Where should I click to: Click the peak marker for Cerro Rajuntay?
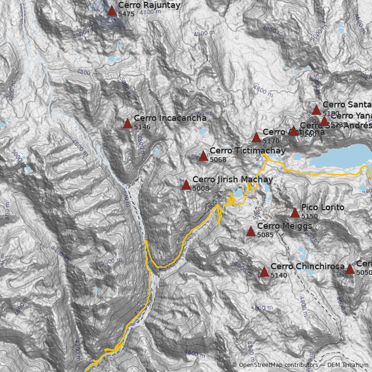pyautogui.click(x=112, y=11)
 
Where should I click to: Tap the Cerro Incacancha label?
pyautogui.click(x=170, y=118)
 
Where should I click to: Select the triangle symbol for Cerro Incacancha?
pyautogui.click(x=127, y=124)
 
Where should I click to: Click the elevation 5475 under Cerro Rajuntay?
pyautogui.click(x=126, y=14)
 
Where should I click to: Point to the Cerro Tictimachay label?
pyautogui.click(x=247, y=151)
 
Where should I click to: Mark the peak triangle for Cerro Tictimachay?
pyautogui.click(x=203, y=156)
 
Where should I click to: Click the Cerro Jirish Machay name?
pyautogui.click(x=232, y=179)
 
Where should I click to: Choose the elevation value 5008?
pyautogui.click(x=200, y=188)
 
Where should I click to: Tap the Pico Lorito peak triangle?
pyautogui.click(x=295, y=213)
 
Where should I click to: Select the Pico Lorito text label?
pyautogui.click(x=323, y=207)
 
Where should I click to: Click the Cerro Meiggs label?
pyautogui.click(x=284, y=226)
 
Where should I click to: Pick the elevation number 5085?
pyautogui.click(x=265, y=235)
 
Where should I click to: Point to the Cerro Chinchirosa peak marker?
pyautogui.click(x=264, y=272)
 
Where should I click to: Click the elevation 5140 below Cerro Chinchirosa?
pyautogui.click(x=279, y=275)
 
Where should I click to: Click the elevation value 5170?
pyautogui.click(x=271, y=140)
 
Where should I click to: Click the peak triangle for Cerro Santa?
pyautogui.click(x=316, y=110)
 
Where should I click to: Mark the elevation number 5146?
pyautogui.click(x=142, y=127)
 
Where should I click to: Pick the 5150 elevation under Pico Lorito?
pyautogui.click(x=309, y=216)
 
